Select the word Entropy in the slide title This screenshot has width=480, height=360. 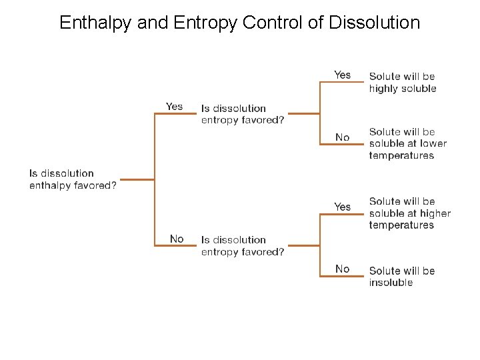(x=203, y=23)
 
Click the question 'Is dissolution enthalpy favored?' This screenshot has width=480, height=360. (x=73, y=179)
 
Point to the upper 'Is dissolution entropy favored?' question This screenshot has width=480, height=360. (x=243, y=114)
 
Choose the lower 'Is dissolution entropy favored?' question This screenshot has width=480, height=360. (x=243, y=245)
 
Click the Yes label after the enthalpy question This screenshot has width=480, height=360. (x=174, y=107)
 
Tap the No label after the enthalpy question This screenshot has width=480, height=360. (x=177, y=239)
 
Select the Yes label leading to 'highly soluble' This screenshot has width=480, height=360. (x=342, y=75)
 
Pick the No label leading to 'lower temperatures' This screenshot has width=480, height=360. (x=342, y=137)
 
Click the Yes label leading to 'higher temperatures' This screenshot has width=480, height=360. (x=342, y=207)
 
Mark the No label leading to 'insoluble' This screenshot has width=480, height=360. (x=342, y=269)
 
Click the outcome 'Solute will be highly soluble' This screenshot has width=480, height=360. (x=403, y=83)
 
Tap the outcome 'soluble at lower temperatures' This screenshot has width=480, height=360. (x=407, y=143)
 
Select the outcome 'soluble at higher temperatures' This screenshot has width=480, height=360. (x=409, y=213)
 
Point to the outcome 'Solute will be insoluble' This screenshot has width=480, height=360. (x=401, y=277)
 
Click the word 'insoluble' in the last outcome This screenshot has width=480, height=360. (x=391, y=283)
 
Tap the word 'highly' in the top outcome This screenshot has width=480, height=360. (x=383, y=89)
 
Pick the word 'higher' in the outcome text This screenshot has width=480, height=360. (x=435, y=213)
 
